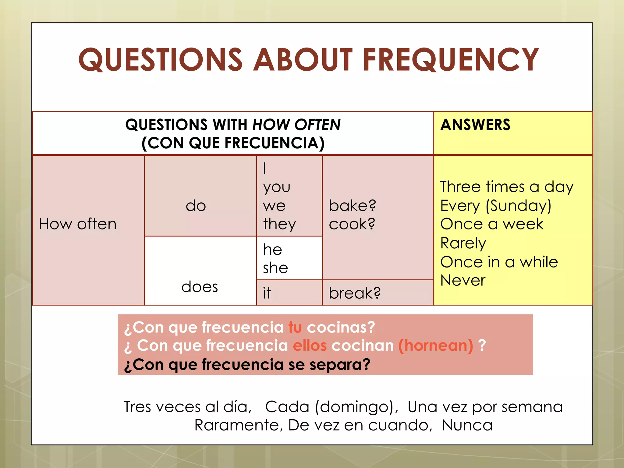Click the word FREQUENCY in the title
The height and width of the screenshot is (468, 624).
click(x=451, y=60)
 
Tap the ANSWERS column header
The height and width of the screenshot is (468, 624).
click(x=475, y=125)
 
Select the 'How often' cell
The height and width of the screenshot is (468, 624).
click(x=78, y=224)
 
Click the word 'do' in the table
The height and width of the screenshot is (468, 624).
click(x=196, y=206)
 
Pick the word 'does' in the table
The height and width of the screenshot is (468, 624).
click(x=200, y=287)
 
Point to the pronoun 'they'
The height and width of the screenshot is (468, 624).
click(x=279, y=224)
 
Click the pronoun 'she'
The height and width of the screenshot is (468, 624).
click(x=275, y=268)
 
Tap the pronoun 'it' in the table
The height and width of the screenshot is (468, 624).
click(x=267, y=293)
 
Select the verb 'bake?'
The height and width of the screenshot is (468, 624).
click(x=353, y=206)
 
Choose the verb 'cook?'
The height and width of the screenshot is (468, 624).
click(x=352, y=224)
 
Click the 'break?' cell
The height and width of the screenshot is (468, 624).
click(x=355, y=293)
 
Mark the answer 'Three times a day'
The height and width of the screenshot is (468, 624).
click(x=507, y=187)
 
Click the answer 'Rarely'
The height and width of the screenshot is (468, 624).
click(x=463, y=243)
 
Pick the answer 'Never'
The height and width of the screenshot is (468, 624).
click(x=463, y=280)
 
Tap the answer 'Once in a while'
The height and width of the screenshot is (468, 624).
click(x=499, y=262)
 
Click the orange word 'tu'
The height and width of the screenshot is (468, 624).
click(x=295, y=328)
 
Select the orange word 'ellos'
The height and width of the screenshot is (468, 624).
click(x=310, y=346)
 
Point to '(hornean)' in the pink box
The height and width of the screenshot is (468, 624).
click(x=436, y=346)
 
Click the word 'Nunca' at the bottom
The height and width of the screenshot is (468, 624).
click(x=467, y=425)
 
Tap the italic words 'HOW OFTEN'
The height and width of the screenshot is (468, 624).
click(x=296, y=125)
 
